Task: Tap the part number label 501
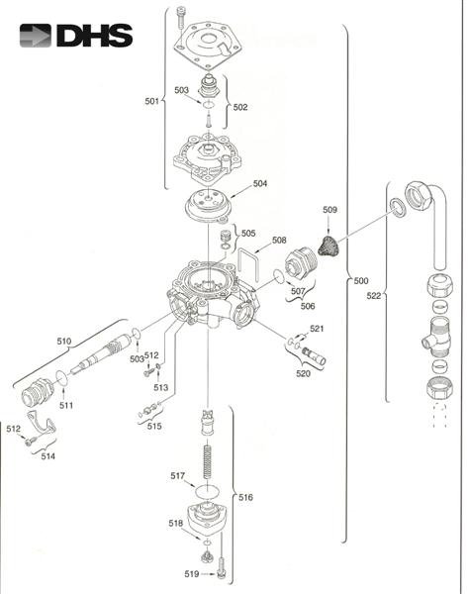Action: pyautogui.click(x=151, y=101)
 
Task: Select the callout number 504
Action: pyautogui.click(x=260, y=183)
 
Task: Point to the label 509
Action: pyautogui.click(x=329, y=210)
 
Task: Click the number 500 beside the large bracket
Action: pyautogui.click(x=362, y=281)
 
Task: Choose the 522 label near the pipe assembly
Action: pyautogui.click(x=374, y=296)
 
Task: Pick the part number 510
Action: pyautogui.click(x=63, y=341)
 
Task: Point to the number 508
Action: pyautogui.click(x=279, y=240)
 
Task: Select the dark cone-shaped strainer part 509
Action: pyautogui.click(x=330, y=241)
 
